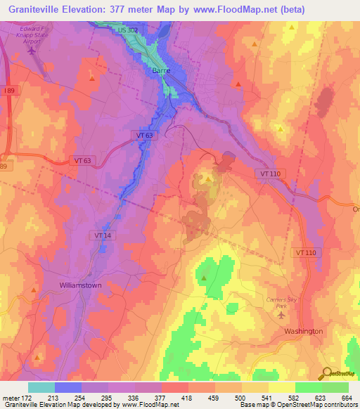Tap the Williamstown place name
(x=81, y=285)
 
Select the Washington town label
(x=303, y=331)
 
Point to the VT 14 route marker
(x=103, y=235)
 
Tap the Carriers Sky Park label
(x=282, y=303)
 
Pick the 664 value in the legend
(x=347, y=397)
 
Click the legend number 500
(x=241, y=397)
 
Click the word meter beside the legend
(x=11, y=397)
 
